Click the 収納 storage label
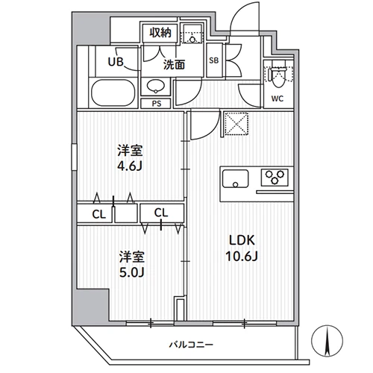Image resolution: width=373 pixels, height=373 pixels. coord(160,33)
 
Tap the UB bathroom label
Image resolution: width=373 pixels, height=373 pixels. coord(116,62)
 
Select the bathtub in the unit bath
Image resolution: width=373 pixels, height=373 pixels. coord(113,93)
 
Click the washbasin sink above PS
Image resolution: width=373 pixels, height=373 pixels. coord(156,87)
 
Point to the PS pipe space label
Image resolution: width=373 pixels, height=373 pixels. coord(157,104)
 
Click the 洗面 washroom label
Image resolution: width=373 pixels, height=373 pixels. coord(174,64)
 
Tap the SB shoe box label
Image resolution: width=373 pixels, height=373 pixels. coord(214,60)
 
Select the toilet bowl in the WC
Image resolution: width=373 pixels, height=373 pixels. coord(278,74)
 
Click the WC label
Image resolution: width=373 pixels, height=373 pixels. coord(278,98)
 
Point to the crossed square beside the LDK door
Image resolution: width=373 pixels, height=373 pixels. coord(236,124)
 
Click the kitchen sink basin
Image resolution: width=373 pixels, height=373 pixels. coord(235,178)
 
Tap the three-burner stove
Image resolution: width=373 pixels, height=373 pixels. coord(275,177)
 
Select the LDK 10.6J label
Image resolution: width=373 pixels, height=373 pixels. coord(242,248)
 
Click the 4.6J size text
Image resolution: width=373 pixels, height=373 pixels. coord(130,166)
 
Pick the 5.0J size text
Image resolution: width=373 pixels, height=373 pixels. coord(132,272)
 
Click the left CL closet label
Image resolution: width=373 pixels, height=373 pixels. coord(99,214)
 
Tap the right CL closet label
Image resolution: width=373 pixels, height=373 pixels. coord(161,213)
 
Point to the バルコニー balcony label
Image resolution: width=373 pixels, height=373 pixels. coord(191,345)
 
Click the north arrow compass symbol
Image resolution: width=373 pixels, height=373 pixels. coord(327,341)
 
